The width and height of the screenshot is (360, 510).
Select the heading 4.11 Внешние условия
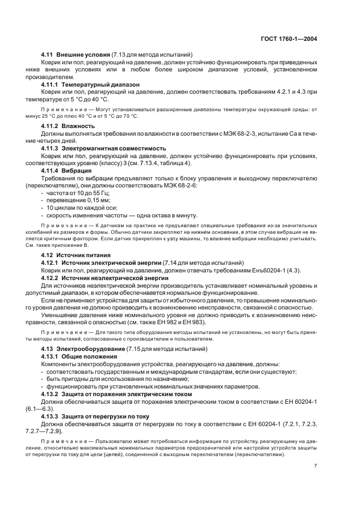coord(76,54)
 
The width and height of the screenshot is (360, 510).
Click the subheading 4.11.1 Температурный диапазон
coord(90,85)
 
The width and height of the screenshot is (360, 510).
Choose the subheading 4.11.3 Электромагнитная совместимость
coord(104,148)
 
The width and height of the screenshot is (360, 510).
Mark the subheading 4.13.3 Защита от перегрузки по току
coord(97,416)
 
